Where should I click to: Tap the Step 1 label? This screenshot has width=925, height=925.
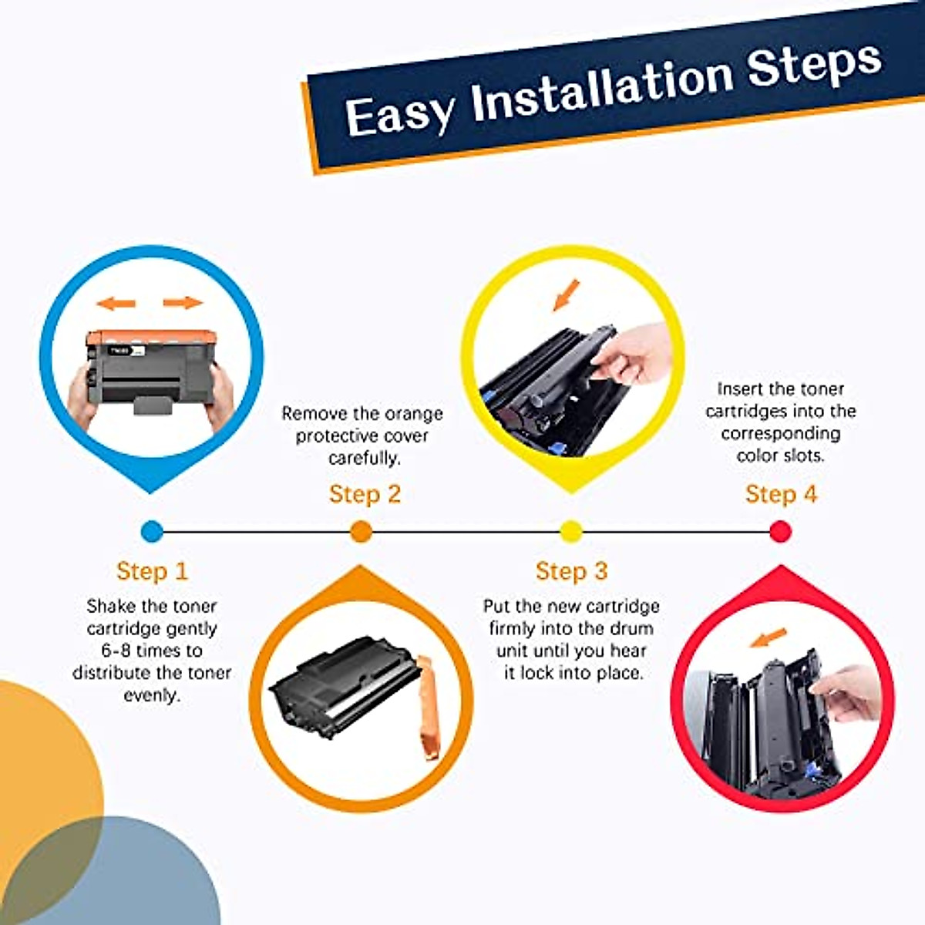coord(152,571)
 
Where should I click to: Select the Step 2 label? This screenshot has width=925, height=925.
coord(365,494)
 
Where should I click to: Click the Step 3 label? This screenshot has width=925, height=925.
coord(571,571)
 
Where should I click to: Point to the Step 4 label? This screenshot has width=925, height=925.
coord(781,494)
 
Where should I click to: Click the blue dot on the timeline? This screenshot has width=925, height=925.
coord(153,531)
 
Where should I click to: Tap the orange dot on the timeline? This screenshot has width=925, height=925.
coord(361,531)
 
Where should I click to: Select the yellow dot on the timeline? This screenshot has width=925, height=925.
coord(570,531)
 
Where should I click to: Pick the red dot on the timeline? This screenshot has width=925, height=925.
coord(780,531)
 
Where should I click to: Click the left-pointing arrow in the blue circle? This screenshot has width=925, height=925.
coord(116,303)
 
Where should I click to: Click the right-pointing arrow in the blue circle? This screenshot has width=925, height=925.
coord(183,302)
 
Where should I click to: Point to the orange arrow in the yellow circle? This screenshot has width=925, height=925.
coord(567,294)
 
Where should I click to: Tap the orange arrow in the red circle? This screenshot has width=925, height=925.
coord(769,637)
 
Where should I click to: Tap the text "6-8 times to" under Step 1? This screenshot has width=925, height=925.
coord(151,651)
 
